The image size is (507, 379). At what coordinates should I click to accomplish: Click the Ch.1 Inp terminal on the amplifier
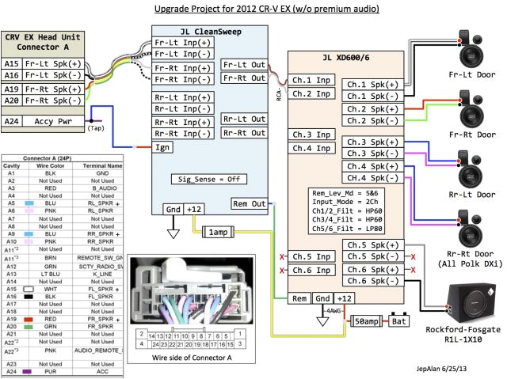311,81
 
